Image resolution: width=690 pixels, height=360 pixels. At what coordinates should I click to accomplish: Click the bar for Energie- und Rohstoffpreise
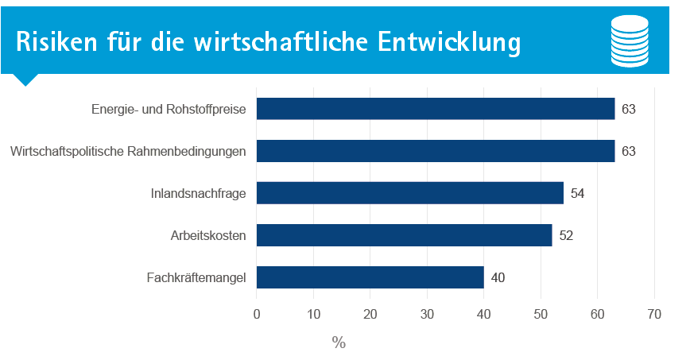[436, 109]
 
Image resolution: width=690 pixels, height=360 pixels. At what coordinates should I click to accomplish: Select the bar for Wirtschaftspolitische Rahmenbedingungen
[436, 151]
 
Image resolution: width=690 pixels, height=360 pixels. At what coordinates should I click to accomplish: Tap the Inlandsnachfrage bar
[410, 193]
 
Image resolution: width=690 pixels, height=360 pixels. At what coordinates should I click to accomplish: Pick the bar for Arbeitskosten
[405, 235]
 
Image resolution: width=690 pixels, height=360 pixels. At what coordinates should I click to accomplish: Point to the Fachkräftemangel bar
[370, 277]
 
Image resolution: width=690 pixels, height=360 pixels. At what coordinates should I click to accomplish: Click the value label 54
[577, 194]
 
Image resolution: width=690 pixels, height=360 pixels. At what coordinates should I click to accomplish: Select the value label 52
[566, 236]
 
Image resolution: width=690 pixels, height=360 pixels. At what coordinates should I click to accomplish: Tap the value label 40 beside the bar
[498, 277]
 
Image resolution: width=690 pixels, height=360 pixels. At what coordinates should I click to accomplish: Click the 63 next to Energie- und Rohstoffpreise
[628, 109]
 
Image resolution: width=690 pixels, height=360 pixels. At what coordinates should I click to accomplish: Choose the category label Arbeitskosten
[208, 236]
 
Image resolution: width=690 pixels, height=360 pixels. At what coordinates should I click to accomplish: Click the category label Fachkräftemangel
[196, 278]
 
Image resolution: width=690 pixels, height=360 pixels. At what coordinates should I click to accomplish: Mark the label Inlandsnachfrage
[198, 194]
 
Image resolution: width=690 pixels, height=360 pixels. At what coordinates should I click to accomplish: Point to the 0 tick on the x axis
[257, 314]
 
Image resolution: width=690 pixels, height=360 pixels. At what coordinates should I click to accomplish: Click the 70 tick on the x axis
[654, 314]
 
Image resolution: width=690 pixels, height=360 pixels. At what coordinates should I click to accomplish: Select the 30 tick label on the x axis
[427, 314]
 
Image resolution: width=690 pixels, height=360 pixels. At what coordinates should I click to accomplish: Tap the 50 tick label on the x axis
[541, 314]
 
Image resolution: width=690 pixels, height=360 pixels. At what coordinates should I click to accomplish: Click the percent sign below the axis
[339, 343]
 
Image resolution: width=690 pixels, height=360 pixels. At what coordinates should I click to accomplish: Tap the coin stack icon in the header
[630, 41]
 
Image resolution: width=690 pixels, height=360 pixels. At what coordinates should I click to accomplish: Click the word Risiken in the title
[56, 42]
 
